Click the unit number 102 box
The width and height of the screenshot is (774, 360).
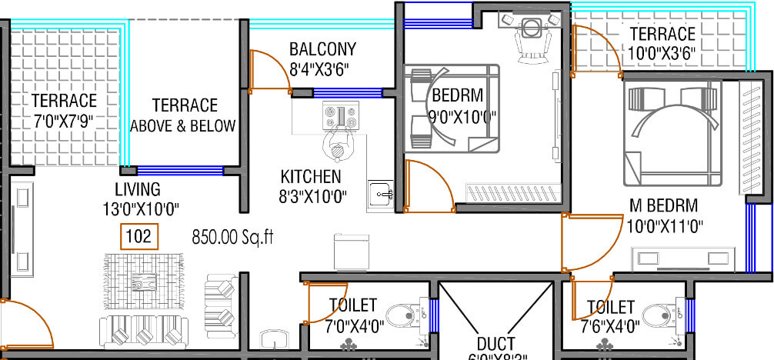(x=138, y=237)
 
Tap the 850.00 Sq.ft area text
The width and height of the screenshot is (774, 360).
(x=233, y=238)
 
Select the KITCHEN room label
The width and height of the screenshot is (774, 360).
(x=311, y=176)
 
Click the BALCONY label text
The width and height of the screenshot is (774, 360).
(x=322, y=50)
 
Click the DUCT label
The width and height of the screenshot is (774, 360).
(x=495, y=343)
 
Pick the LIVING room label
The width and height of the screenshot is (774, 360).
(x=138, y=189)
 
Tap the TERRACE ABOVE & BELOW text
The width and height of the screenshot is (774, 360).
(x=184, y=115)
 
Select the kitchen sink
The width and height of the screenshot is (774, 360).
(x=380, y=193)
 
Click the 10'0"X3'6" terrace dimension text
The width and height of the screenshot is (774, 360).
(x=661, y=53)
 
